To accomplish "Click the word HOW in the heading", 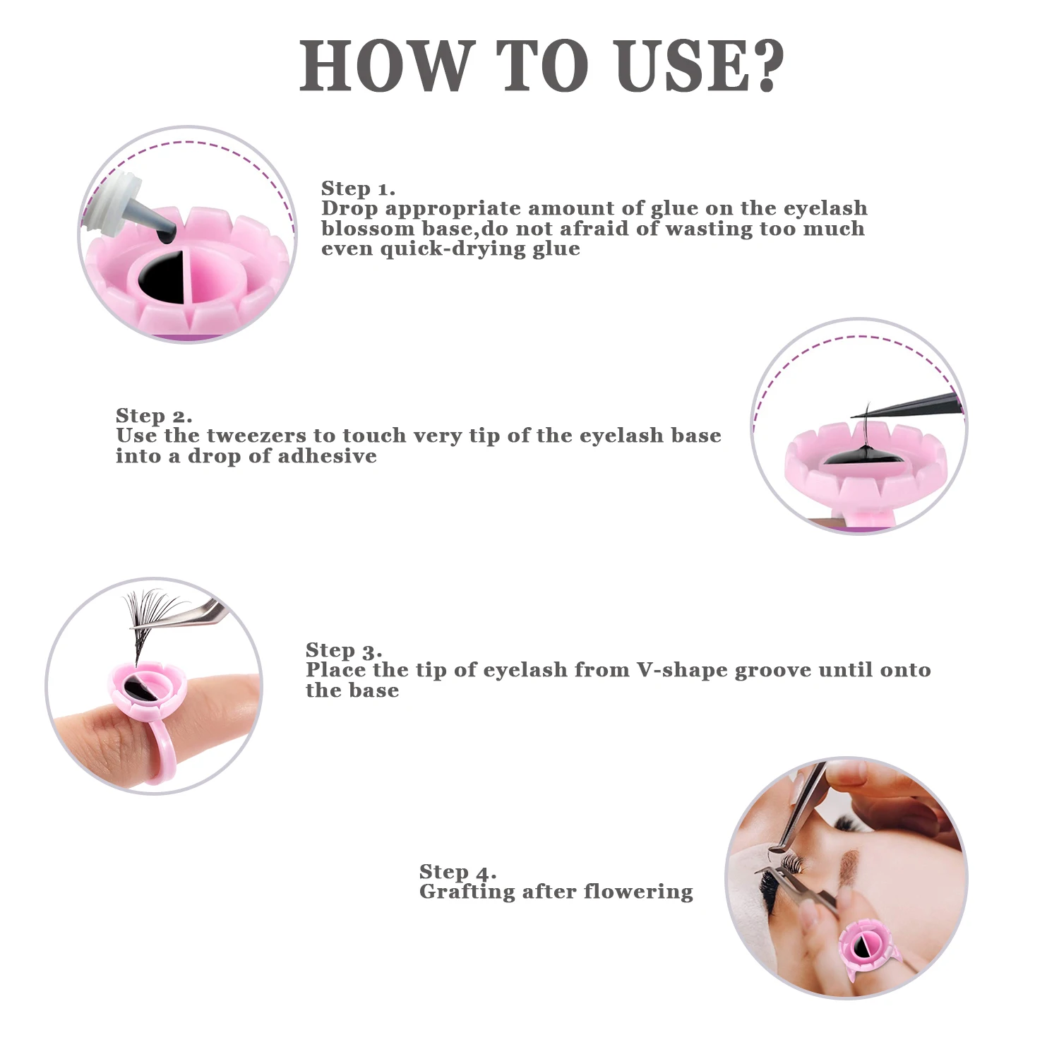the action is [x=385, y=66].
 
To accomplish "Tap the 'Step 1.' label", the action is [x=358, y=189].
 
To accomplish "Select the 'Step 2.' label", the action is [x=154, y=416].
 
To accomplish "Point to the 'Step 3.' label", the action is [x=344, y=650].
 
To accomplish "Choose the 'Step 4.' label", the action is [x=458, y=872].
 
